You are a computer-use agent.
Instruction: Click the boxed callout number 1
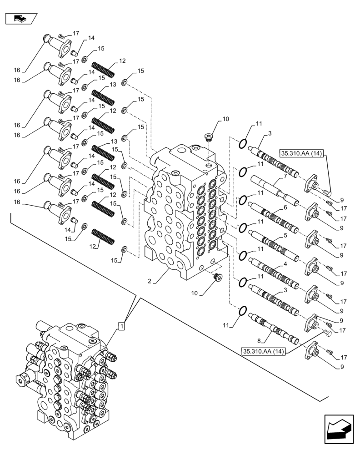tap(121, 326)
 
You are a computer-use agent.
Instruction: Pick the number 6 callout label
tap(285, 207)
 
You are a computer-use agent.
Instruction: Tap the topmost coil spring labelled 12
tap(103, 69)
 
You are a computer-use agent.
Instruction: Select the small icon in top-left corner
tap(20, 19)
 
